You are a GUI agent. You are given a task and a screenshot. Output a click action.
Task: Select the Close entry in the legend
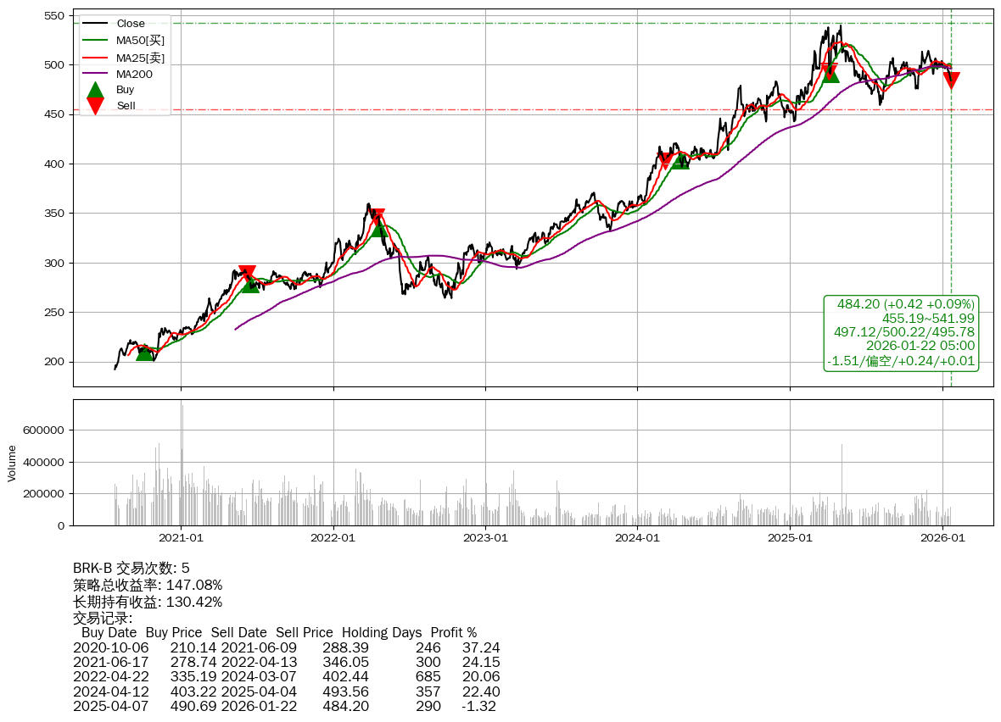coord(131,24)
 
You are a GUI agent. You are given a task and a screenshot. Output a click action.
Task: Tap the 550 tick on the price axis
coord(56,15)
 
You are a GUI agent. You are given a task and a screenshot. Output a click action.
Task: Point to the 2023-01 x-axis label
coord(485,536)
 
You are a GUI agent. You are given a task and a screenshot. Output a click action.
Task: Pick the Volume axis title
coord(12,462)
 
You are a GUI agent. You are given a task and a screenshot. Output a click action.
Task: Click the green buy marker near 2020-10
coord(145,352)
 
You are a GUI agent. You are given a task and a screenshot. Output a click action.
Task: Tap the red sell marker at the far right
coord(951,81)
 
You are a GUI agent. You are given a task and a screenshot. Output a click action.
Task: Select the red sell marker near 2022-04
coord(377,217)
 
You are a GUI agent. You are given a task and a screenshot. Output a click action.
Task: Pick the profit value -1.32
coord(480,706)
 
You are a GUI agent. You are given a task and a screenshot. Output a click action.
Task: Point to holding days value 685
coord(428,677)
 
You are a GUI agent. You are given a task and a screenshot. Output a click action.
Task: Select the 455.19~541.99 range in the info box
coord(928,318)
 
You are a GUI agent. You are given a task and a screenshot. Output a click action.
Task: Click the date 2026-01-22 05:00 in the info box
coord(920,346)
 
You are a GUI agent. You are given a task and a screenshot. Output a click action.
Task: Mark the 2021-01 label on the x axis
coord(181,536)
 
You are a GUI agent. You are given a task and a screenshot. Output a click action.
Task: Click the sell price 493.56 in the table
coord(345,691)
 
